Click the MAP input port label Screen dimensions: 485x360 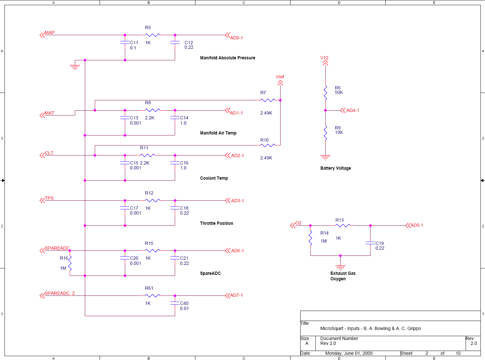[50, 33]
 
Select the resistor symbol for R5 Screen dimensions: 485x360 [153, 35]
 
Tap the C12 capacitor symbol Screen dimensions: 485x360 [175, 43]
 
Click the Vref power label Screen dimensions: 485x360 [280, 77]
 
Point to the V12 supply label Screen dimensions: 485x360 [324, 58]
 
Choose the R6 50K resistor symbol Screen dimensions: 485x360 [325, 93]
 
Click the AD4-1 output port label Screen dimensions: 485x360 [352, 110]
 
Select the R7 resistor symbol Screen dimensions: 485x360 [268, 100]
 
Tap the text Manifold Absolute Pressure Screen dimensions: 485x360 [227, 58]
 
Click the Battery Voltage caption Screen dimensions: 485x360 [335, 168]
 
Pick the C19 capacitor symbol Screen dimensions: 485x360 [370, 243]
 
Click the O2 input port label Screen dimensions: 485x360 [298, 223]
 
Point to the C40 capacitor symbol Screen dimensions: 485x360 [175, 303]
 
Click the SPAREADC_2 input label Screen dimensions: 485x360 [60, 293]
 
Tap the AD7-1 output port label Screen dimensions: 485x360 [236, 295]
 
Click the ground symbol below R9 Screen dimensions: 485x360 [325, 157]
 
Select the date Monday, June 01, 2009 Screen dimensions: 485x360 [349, 353]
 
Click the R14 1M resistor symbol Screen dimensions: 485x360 [310, 238]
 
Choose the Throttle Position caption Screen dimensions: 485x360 [216, 223]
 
